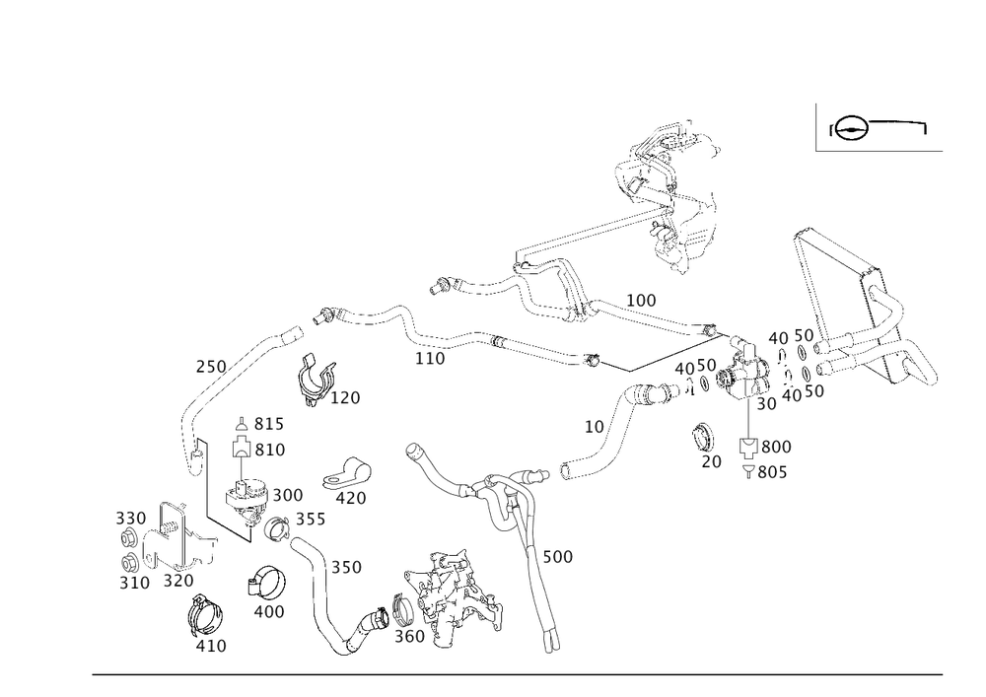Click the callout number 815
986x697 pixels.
pos(268,425)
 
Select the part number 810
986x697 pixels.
pos(268,451)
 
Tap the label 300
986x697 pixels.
pos(287,493)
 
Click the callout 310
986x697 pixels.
pos(134,583)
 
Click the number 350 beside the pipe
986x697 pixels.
pos(346,568)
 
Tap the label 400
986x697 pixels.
pos(269,611)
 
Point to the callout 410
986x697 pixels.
pos(210,646)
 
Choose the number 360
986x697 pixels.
pos(409,637)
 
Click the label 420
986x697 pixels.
pos(351,499)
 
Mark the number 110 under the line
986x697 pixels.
pos(430,359)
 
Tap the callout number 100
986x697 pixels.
pos(641,298)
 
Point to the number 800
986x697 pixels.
pos(776,447)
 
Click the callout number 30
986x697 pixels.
pos(766,404)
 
